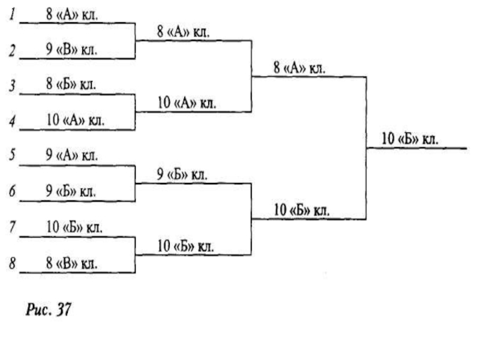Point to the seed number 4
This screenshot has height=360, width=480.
pyautogui.click(x=11, y=122)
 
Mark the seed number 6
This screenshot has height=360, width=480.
pyautogui.click(x=11, y=193)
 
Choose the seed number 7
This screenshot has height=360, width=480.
pyautogui.click(x=11, y=229)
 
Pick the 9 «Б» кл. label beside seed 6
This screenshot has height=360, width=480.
pyautogui.click(x=71, y=193)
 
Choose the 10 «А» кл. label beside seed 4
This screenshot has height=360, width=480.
pyautogui.click(x=74, y=121)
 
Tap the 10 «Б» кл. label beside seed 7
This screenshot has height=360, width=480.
pyautogui.click(x=74, y=228)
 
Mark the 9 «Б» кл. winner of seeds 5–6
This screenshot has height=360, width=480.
pyautogui.click(x=182, y=175)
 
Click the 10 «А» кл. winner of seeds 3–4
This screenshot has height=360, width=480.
pyautogui.click(x=186, y=103)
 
